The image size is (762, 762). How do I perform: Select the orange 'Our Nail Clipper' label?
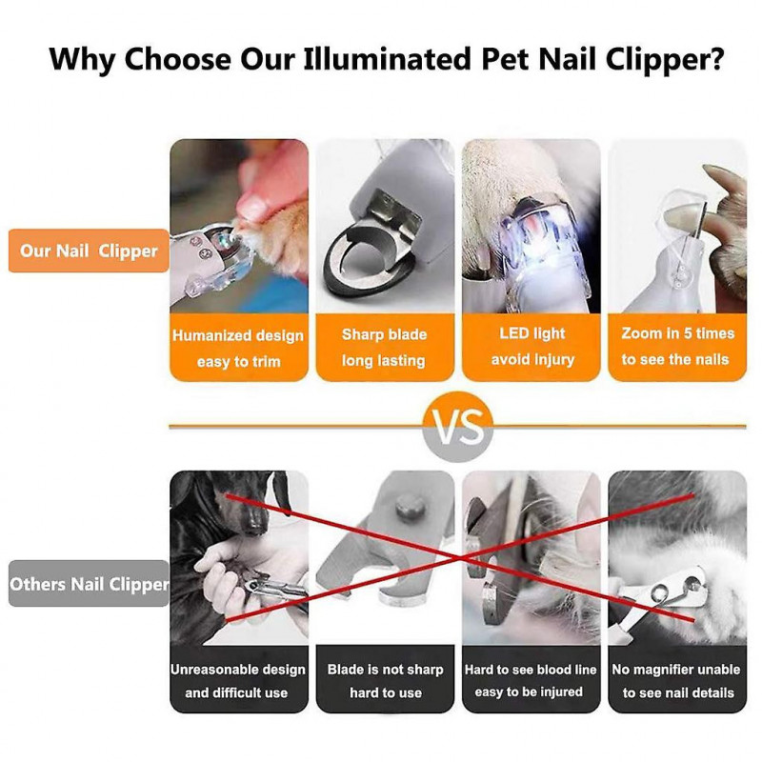pos(89,251)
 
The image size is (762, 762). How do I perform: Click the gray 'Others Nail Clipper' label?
pos(89,584)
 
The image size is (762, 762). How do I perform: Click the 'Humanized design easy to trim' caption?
pos(239,349)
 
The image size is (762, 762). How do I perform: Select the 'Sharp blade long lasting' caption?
pos(385,348)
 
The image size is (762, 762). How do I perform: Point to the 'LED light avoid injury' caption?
pos(531,347)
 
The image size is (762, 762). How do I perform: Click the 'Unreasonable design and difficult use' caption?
pos(238,681)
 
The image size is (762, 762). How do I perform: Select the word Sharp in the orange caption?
pos(362,335)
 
